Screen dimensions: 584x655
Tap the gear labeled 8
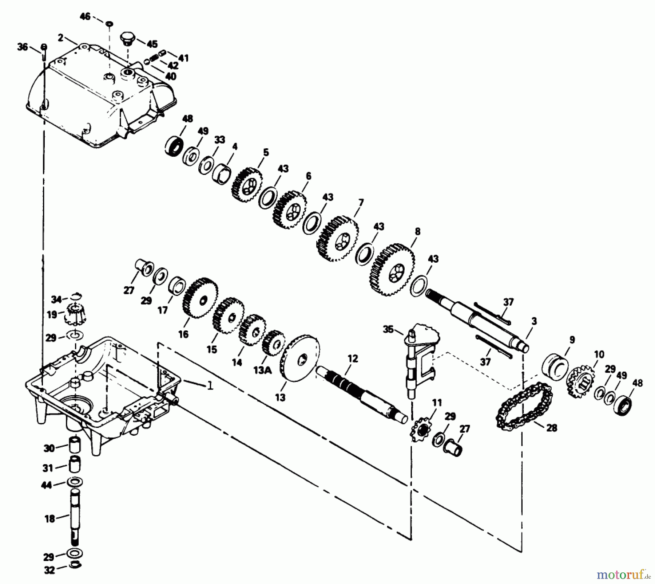pyautogui.click(x=392, y=270)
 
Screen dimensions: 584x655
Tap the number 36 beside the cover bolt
pyautogui.click(x=23, y=47)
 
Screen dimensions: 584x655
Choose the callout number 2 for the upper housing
pyautogui.click(x=60, y=37)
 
